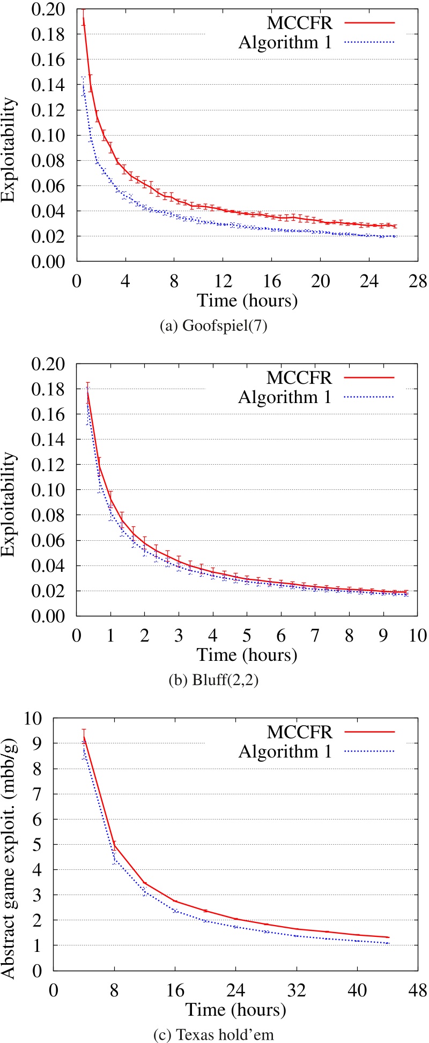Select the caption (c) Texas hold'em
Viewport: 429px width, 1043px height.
pyautogui.click(x=213, y=1034)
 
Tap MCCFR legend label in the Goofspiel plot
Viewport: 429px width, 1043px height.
pyautogui.click(x=299, y=23)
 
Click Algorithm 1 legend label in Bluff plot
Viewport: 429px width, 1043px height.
pyautogui.click(x=285, y=397)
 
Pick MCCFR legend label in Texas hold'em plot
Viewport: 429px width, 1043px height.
pyautogui.click(x=299, y=732)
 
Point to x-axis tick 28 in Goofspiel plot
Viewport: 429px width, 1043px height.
pyautogui.click(x=418, y=281)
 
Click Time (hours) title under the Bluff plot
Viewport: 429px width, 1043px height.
pyautogui.click(x=246, y=654)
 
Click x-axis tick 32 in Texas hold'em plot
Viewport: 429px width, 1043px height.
pyautogui.click(x=297, y=990)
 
